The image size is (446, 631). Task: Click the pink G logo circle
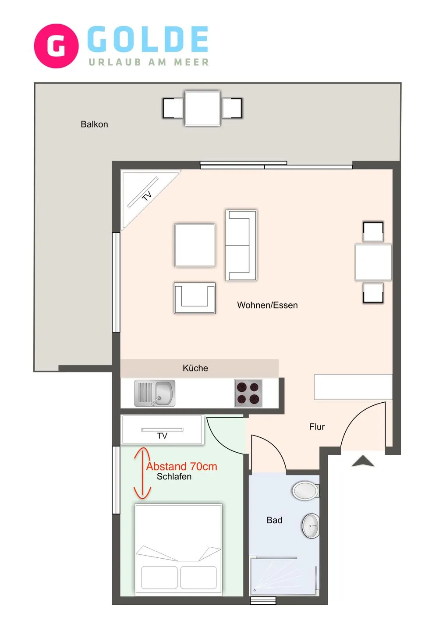pos(56,46)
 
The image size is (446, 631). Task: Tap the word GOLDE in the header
pos(148,39)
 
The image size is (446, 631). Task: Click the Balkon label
pos(94,124)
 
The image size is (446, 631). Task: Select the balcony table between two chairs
pos(202,108)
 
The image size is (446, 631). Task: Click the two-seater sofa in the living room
pos(241,245)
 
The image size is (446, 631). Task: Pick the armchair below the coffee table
pos(195,298)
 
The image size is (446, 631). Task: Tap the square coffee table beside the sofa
pos(195,245)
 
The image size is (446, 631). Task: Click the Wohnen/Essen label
pos(267,305)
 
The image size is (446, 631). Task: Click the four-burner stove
pos(248,393)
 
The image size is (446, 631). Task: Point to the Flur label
pos(317,427)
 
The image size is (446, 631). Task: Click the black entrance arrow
pos(363,461)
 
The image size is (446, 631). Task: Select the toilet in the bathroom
pos(306,491)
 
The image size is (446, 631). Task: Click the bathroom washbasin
pos(311,526)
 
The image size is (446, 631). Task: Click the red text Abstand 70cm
pos(182,467)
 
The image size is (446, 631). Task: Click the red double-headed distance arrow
pos(142,473)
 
